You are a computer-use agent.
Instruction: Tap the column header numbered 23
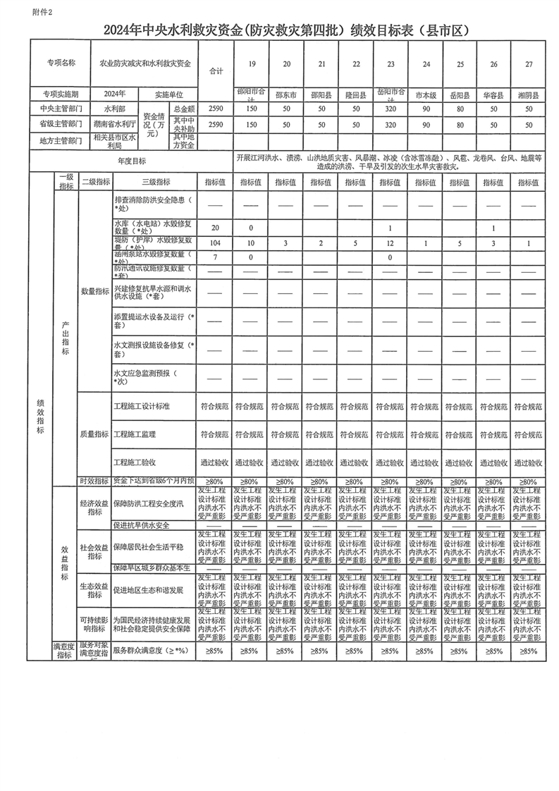click(390, 64)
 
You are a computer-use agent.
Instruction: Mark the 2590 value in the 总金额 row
click(215, 109)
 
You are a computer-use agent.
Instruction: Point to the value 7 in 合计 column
click(215, 257)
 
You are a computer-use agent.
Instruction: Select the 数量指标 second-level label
click(94, 290)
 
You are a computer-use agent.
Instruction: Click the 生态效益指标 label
click(94, 589)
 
